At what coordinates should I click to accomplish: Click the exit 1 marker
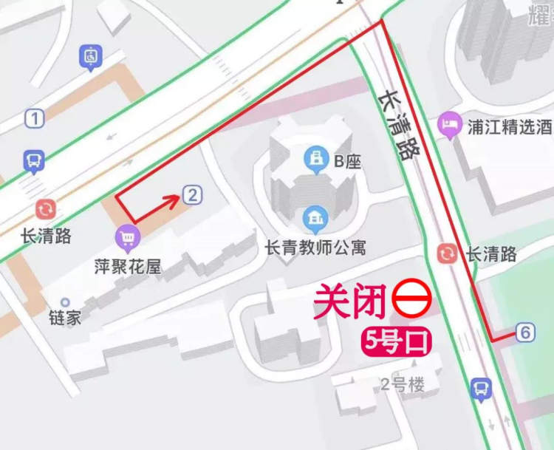pyautogui.click(x=34, y=117)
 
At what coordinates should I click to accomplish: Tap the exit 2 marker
pyautogui.click(x=191, y=195)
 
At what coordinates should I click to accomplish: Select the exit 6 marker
pyautogui.click(x=525, y=333)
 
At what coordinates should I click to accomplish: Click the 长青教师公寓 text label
pyautogui.click(x=315, y=246)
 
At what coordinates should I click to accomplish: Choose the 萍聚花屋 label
pyautogui.click(x=127, y=266)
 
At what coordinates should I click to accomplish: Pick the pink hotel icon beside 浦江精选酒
pyautogui.click(x=449, y=126)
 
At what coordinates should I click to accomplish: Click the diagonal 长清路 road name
pyautogui.click(x=398, y=125)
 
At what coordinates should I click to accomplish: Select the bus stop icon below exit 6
pyautogui.click(x=481, y=387)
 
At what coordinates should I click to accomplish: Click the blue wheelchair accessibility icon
pyautogui.click(x=91, y=55)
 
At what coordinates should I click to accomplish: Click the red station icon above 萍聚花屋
pyautogui.click(x=46, y=209)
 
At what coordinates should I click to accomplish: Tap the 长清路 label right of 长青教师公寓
pyautogui.click(x=491, y=254)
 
